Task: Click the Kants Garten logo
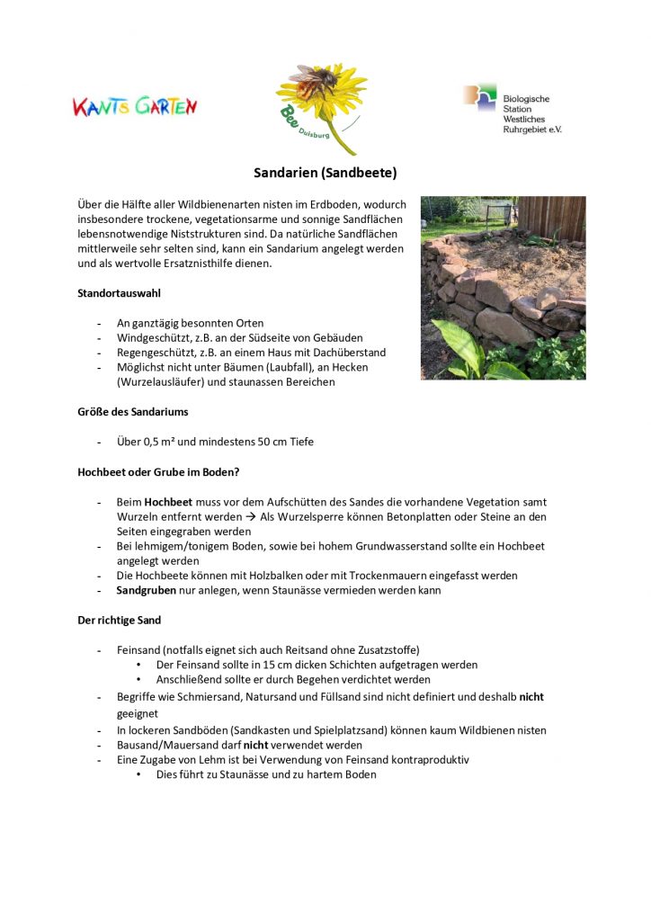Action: click(135, 106)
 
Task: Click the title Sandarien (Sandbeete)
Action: click(325, 172)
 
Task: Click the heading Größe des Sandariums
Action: click(132, 412)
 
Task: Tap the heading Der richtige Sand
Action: click(120, 620)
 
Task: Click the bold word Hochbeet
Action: click(168, 502)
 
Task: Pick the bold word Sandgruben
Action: click(146, 590)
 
